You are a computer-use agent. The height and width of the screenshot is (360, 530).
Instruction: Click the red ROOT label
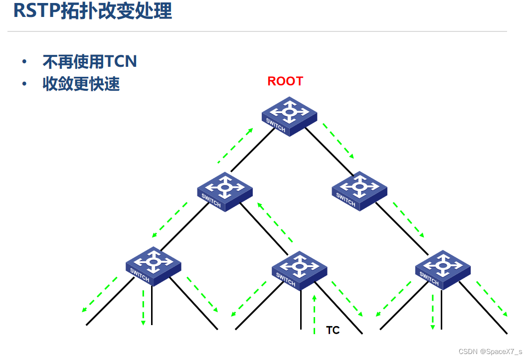tap(285, 81)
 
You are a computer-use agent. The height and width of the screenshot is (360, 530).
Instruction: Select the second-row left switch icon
tap(225, 191)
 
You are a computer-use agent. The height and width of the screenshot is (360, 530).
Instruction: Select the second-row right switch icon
tap(359, 190)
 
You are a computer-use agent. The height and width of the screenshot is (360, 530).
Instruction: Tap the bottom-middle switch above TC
tap(299, 270)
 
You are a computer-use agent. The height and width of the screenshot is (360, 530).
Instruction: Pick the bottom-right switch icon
tap(443, 269)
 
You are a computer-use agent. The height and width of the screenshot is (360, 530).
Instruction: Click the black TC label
tap(333, 330)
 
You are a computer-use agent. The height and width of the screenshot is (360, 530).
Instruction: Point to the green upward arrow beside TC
tap(314, 314)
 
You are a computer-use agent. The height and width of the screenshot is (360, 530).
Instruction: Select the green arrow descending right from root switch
tap(338, 141)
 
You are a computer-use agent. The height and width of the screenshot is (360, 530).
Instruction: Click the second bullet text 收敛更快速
tap(81, 84)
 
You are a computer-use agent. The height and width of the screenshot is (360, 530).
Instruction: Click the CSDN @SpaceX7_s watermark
tap(490, 352)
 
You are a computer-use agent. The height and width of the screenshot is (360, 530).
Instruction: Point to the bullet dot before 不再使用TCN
tap(24, 62)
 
